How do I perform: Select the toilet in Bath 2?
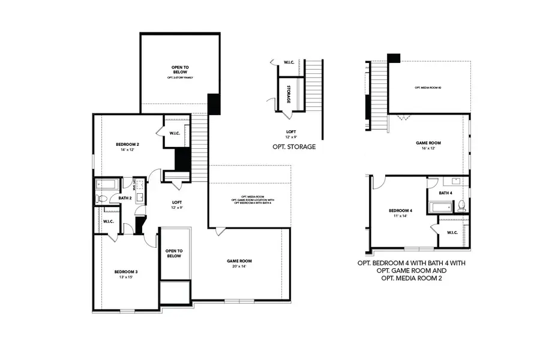tap(101, 198)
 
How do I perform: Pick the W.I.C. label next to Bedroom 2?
tap(176, 133)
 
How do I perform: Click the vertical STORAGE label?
tap(289, 95)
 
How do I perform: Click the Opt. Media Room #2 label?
tap(428, 88)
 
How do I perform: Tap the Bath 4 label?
tap(445, 193)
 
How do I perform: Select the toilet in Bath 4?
tap(461, 206)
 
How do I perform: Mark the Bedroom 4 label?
tap(400, 211)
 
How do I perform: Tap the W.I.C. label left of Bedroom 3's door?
tap(108, 221)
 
